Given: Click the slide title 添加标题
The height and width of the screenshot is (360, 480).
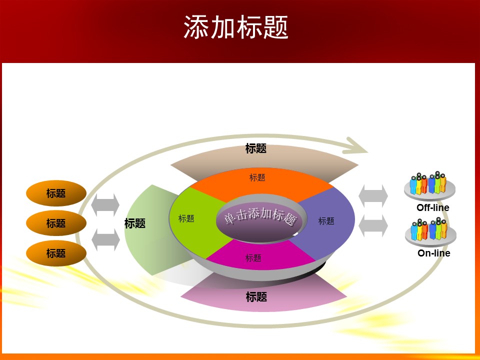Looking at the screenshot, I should pyautogui.click(x=236, y=27).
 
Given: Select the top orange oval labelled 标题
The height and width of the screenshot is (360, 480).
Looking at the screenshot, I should pyautogui.click(x=56, y=193).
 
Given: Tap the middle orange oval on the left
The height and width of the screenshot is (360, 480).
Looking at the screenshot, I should pyautogui.click(x=56, y=223).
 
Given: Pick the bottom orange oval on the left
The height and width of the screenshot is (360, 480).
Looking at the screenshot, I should pyautogui.click(x=56, y=253).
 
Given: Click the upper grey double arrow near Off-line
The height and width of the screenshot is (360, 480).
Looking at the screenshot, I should pyautogui.click(x=373, y=195).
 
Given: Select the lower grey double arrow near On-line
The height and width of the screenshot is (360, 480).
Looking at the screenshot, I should pyautogui.click(x=373, y=226).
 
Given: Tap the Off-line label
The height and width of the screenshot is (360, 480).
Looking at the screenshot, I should pyautogui.click(x=433, y=207).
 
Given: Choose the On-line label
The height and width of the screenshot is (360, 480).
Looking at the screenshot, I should pyautogui.click(x=434, y=253).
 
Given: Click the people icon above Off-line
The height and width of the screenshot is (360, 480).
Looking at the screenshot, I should pyautogui.click(x=428, y=184).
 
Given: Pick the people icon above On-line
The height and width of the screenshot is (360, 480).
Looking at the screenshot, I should pyautogui.click(x=429, y=230).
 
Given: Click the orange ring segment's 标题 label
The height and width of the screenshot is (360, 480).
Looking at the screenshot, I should pyautogui.click(x=257, y=177).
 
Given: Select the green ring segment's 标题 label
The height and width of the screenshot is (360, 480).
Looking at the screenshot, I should pyautogui.click(x=186, y=218).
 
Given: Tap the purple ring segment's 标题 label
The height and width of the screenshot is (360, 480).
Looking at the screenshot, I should pyautogui.click(x=326, y=221).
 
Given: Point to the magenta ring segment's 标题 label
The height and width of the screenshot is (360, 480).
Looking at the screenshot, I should pyautogui.click(x=253, y=258).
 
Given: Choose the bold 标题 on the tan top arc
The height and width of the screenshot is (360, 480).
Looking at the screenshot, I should pyautogui.click(x=256, y=148).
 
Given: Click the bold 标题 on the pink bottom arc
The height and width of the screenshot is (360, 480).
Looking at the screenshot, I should pyautogui.click(x=256, y=297).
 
